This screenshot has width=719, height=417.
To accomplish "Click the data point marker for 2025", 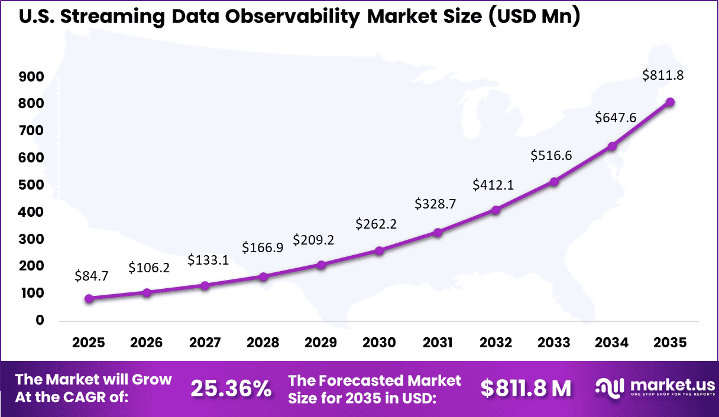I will (89, 299).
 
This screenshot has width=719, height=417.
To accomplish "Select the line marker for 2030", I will (379, 251).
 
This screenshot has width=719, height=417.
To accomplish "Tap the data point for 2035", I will (670, 102).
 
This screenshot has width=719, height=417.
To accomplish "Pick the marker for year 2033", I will (554, 182).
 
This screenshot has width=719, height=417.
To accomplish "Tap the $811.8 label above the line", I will (663, 76).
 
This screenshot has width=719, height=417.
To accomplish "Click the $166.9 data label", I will (263, 247).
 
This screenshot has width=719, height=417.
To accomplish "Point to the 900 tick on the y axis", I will (33, 77).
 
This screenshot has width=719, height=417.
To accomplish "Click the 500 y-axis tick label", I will (33, 185).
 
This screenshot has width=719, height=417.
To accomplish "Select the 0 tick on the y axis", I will (40, 320).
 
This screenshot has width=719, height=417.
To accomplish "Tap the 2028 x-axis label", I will (263, 343).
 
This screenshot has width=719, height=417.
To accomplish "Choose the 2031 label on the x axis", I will (438, 343).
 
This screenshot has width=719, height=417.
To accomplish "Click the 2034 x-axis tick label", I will (612, 343).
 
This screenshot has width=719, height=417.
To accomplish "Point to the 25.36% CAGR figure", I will (231, 388).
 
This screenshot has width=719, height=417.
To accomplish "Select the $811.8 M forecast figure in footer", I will (526, 388).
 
